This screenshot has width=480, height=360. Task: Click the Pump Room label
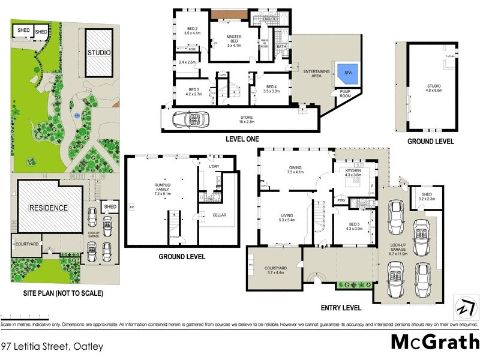[x=346, y=94]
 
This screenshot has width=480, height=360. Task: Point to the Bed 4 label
[x=271, y=88]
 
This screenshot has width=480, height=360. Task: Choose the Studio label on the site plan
[x=99, y=52]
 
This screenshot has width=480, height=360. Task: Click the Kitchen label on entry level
[x=353, y=174]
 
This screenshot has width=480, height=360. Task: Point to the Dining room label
[x=295, y=170]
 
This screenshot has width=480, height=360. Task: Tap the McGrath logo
[x=434, y=342]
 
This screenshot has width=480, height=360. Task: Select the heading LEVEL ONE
[x=242, y=139]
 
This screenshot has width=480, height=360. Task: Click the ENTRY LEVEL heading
[x=340, y=308]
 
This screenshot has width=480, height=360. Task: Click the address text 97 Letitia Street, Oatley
[x=52, y=346]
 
